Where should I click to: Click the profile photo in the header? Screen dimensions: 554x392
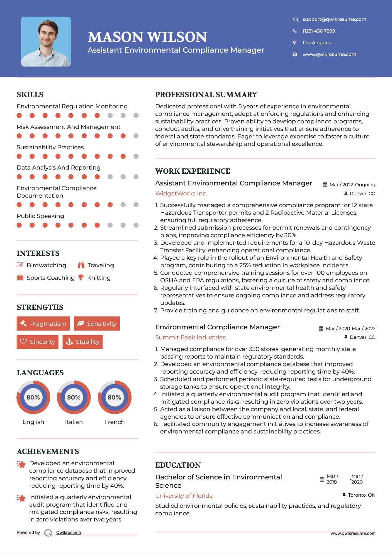click(46, 42)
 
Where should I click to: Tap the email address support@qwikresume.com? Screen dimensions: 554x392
click(334, 19)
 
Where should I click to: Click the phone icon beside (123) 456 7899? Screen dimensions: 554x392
click(295, 31)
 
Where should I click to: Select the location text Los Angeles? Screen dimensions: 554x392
click(316, 43)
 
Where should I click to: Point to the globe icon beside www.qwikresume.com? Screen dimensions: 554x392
click(295, 54)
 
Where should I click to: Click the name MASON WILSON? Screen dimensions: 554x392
click(147, 37)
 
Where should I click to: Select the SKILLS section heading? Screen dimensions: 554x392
click(30, 95)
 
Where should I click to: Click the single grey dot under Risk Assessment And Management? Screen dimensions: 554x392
click(136, 136)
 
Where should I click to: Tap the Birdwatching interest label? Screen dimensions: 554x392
click(46, 265)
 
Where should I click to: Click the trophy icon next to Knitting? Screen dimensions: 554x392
click(81, 278)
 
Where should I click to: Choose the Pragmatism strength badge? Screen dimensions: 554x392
click(43, 323)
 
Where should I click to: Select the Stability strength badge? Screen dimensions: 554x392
click(82, 342)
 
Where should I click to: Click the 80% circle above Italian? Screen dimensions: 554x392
click(74, 397)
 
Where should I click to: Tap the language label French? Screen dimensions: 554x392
click(114, 422)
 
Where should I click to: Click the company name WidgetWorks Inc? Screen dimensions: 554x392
click(181, 193)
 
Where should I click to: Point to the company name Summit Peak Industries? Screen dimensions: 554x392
click(190, 337)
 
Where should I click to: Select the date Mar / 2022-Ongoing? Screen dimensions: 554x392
click(352, 185)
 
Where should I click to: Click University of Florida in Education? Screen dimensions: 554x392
click(184, 496)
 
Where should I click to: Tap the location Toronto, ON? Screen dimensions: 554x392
click(361, 495)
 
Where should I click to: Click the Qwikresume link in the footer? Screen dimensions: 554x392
click(69, 533)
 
